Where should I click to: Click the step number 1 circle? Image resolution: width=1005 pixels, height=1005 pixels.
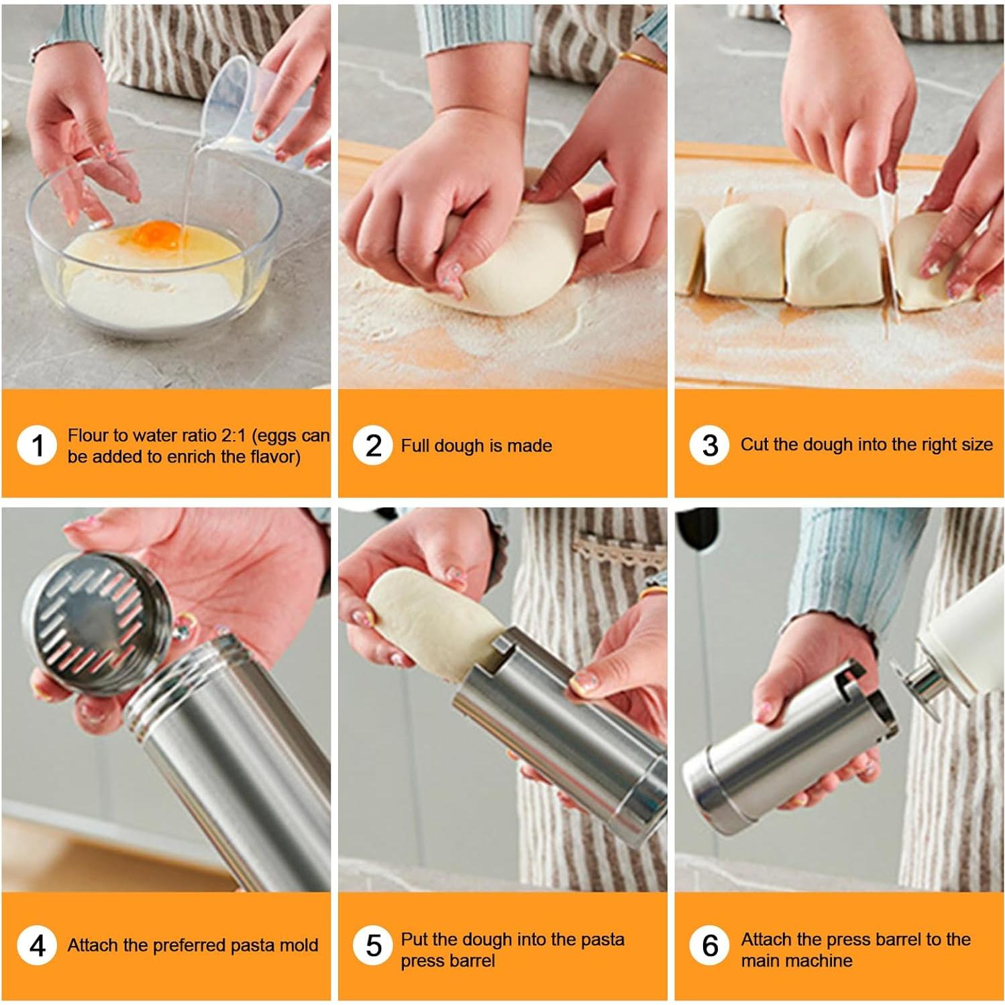[38, 445]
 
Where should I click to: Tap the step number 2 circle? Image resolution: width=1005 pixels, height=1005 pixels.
[373, 445]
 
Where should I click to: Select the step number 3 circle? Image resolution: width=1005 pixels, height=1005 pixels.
[710, 445]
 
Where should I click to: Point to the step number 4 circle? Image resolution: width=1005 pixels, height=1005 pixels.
[38, 945]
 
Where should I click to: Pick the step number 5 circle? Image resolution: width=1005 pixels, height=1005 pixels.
[373, 945]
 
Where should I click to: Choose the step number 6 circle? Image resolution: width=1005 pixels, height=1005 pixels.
[710, 945]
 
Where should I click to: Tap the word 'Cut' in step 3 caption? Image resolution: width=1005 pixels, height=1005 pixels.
[755, 444]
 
